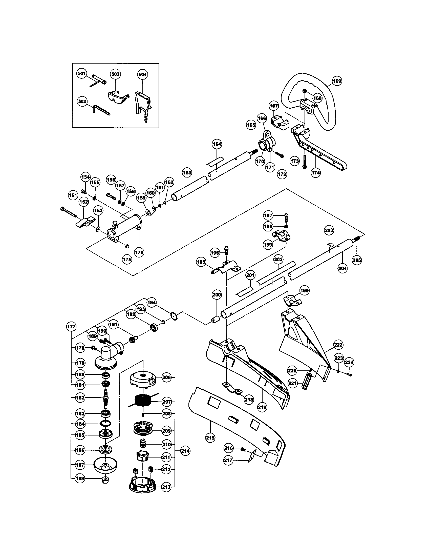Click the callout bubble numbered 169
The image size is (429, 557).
coord(337,81)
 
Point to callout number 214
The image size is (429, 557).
coord(185,451)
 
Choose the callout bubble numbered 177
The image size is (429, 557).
coord(71,326)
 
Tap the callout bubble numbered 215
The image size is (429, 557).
coord(210,438)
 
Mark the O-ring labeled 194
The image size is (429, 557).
coord(174,316)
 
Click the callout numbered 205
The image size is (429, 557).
coord(357,260)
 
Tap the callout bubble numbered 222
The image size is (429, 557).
coord(338,345)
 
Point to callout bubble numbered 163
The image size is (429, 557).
coord(187,173)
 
